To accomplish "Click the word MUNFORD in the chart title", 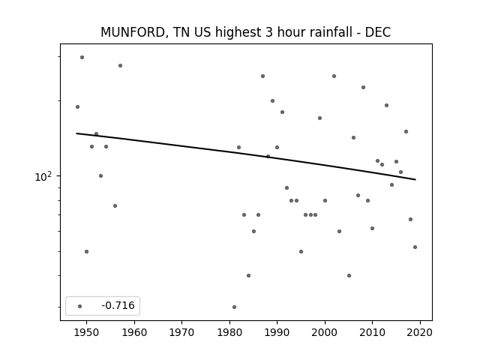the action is [x=133, y=32].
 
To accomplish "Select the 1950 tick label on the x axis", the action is [x=87, y=332].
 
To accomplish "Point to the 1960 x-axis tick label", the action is [x=134, y=332].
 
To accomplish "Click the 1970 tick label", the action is [x=181, y=332].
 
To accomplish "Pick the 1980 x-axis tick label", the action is [x=229, y=332].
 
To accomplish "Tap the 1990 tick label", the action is [x=277, y=332].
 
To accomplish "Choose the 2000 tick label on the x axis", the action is [x=325, y=332].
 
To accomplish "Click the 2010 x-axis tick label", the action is [x=372, y=332].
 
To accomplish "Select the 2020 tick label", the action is [x=420, y=332].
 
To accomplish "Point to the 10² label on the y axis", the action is [x=43, y=176].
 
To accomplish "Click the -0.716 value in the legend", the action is [x=118, y=305].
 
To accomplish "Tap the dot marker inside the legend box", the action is [x=80, y=306].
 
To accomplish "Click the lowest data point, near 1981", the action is [x=234, y=307].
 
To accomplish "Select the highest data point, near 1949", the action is [x=82, y=58].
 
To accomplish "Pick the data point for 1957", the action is [x=120, y=65].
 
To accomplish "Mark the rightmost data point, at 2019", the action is [x=415, y=247].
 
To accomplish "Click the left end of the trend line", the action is [x=76, y=133].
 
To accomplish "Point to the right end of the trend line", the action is [x=415, y=179].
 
